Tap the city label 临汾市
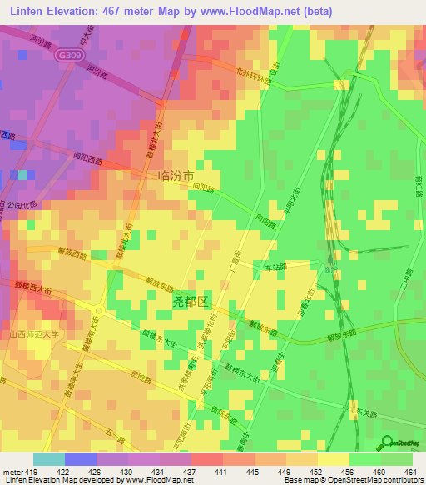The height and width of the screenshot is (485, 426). [x=176, y=177]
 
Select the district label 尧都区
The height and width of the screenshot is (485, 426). [x=190, y=301]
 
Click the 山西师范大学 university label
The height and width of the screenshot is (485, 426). [x=35, y=335]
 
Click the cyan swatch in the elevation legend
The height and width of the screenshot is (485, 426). [x=48, y=459]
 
